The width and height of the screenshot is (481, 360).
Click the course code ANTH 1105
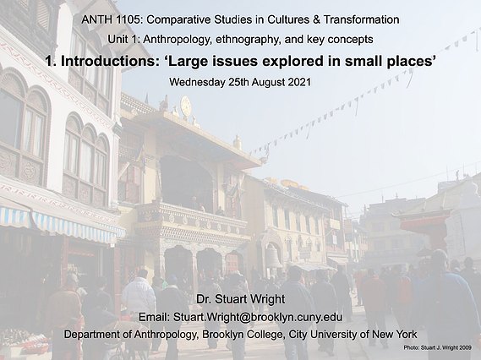[112, 20]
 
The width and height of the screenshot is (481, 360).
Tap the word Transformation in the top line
[361, 20]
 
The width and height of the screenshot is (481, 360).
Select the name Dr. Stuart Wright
[240, 299]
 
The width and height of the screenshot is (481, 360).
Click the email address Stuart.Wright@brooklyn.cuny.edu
[257, 317]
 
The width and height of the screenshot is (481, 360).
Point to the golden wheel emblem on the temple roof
[186, 106]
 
